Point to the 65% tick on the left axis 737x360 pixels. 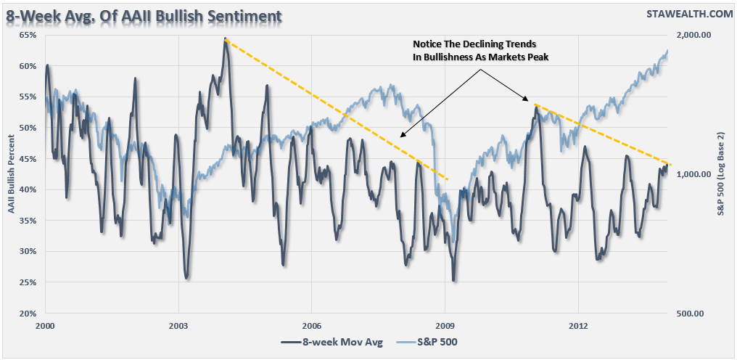(x=27, y=35)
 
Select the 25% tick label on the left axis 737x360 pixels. (x=27, y=282)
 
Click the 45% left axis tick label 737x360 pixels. (x=27, y=159)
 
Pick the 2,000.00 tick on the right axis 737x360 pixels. (x=693, y=35)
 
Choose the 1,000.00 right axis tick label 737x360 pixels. (x=693, y=174)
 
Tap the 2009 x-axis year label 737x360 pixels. (x=445, y=325)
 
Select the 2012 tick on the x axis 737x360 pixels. (x=578, y=325)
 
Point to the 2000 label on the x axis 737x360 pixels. (x=45, y=325)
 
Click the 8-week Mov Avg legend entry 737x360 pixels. (x=332, y=341)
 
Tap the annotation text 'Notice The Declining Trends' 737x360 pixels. (x=475, y=45)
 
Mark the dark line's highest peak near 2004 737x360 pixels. (x=226, y=39)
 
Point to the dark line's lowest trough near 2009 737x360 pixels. (x=454, y=280)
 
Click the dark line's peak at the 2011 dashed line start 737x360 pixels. (x=535, y=106)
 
